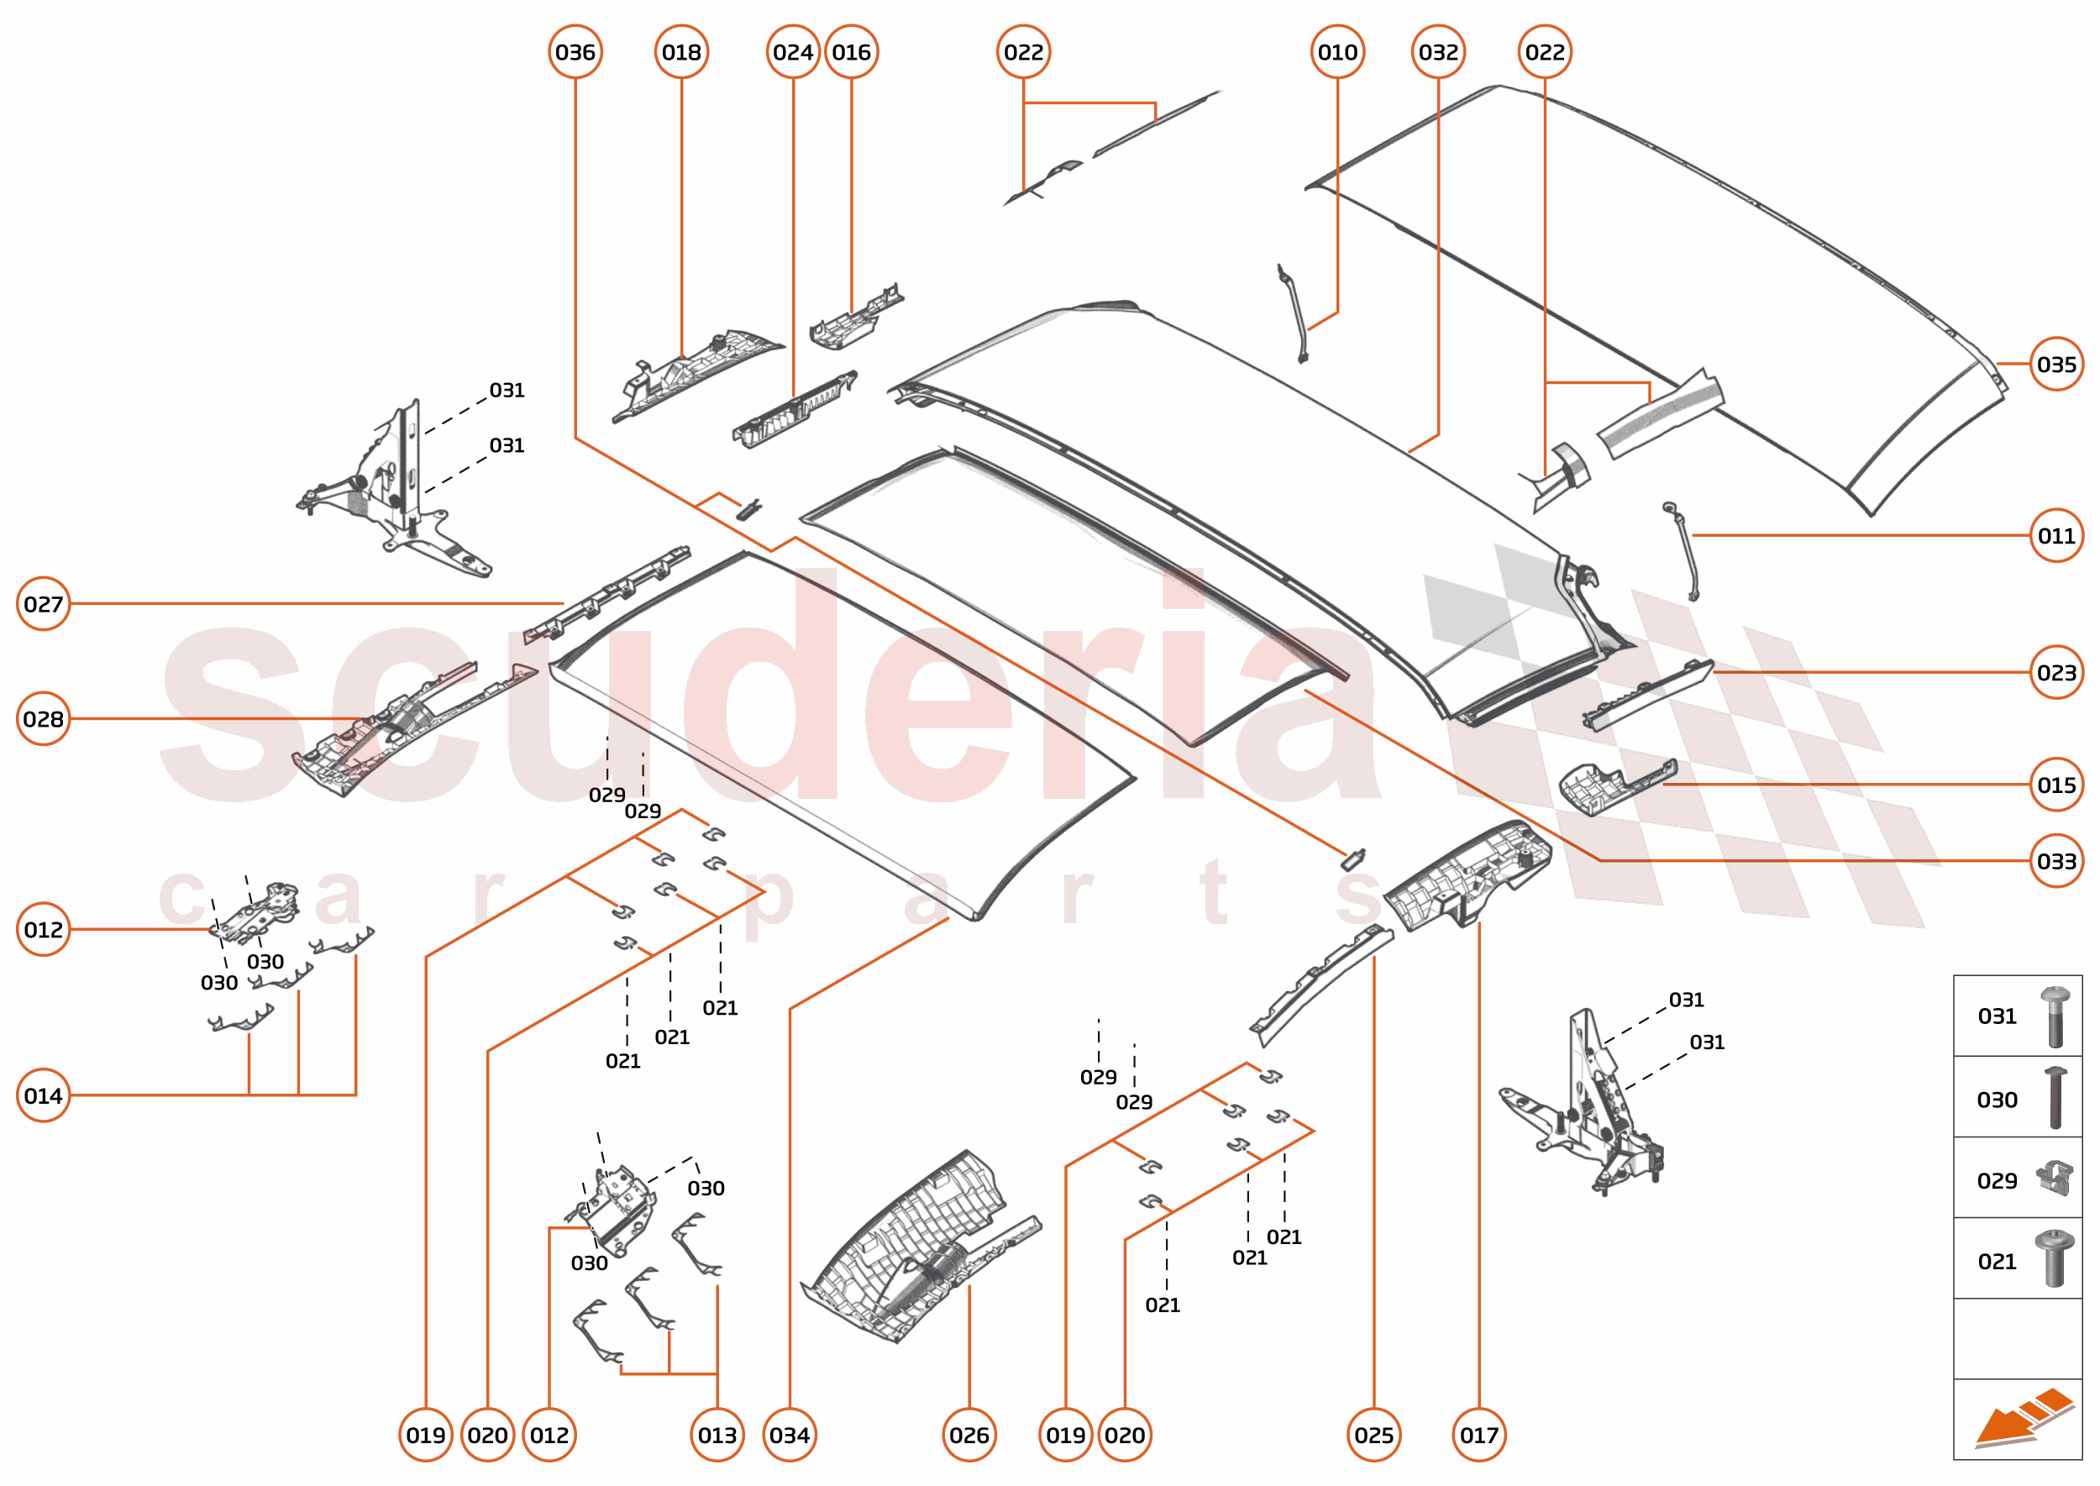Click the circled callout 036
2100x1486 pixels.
(575, 52)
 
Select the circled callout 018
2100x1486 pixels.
(682, 52)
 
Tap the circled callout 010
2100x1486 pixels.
(1337, 52)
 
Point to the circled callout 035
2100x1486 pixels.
(2056, 365)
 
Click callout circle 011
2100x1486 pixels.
(2056, 535)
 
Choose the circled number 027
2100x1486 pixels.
(43, 604)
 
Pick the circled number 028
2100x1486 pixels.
(43, 719)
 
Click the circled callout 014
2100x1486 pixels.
(43, 1095)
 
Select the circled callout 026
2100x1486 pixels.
(969, 1435)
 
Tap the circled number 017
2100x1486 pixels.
(1478, 1435)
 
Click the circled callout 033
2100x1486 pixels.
(2056, 861)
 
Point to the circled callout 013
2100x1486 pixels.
(717, 1435)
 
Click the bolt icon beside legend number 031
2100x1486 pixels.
(2055, 1016)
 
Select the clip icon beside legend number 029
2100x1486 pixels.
(2055, 1179)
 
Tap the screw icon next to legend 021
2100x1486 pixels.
(2055, 1260)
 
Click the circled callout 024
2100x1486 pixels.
(792, 52)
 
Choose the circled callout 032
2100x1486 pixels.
(1438, 52)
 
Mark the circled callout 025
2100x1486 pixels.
(1373, 1435)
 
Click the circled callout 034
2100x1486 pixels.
(789, 1435)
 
